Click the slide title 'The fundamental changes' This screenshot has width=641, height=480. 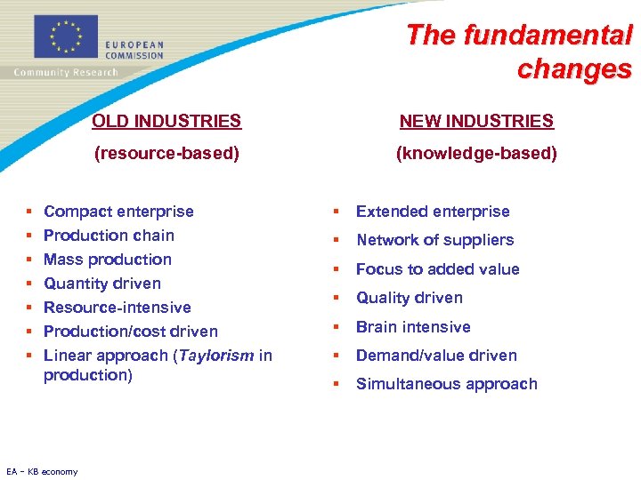point(519,52)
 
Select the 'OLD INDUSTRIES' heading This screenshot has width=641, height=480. point(167,121)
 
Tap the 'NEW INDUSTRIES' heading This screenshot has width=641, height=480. point(476,121)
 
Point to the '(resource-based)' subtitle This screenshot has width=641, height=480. point(167,154)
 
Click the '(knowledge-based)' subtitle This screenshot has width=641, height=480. point(476,154)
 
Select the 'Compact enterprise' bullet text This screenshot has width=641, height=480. point(118,212)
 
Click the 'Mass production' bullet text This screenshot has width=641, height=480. point(108,260)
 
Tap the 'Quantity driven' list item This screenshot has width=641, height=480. point(102,284)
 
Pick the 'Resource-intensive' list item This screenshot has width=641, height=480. point(118,308)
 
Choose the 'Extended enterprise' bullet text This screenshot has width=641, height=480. point(433,212)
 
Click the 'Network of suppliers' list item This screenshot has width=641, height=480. point(434,240)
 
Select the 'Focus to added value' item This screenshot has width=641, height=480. point(437,269)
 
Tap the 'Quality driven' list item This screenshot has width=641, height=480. point(410,298)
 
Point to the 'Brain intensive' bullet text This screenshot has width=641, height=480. point(413,327)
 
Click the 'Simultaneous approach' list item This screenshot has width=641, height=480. point(446,384)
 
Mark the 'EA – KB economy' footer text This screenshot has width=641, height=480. point(42,472)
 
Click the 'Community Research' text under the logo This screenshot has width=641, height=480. point(65,73)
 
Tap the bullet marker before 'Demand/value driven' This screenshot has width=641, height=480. point(337,356)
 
